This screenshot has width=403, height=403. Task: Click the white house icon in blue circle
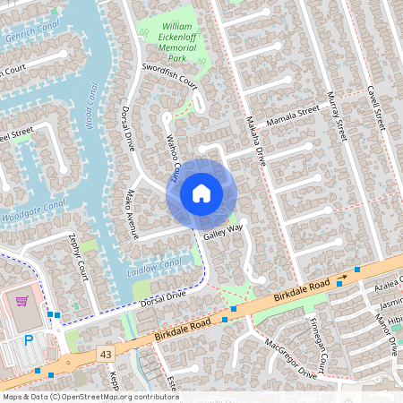[x=201, y=193]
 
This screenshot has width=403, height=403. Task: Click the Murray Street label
[x=335, y=116]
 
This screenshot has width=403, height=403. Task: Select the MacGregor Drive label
[x=291, y=358]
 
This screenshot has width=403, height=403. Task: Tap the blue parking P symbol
[x=29, y=340]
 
